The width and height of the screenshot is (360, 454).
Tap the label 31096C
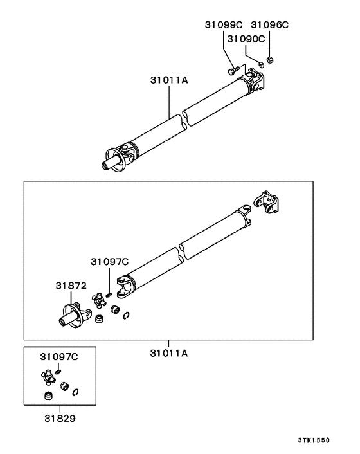click(269, 25)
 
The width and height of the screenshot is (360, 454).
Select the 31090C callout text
click(248, 39)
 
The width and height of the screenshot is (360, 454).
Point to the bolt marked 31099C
click(234, 68)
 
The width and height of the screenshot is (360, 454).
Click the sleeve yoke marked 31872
click(71, 315)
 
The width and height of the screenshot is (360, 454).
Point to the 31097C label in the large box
click(109, 261)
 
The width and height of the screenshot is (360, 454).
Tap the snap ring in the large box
click(129, 314)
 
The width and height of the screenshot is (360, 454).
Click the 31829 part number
click(60, 419)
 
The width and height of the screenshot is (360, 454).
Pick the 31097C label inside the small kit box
click(59, 356)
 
